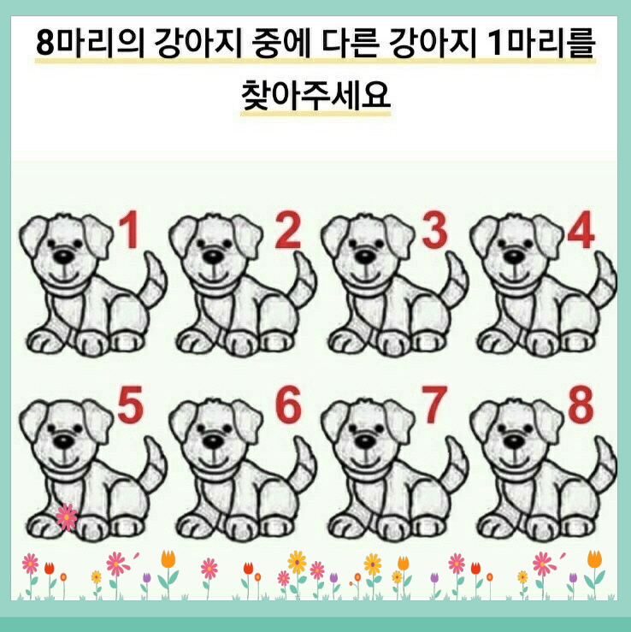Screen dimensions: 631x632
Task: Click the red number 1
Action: (130, 230)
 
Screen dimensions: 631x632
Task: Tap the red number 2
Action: (288, 230)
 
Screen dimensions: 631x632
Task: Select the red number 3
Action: (434, 230)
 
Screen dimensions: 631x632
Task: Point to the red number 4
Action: (581, 230)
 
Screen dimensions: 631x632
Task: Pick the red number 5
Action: (131, 405)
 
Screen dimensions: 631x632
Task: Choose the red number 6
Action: (288, 405)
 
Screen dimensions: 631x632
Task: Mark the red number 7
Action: (434, 405)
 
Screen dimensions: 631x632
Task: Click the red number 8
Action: (581, 405)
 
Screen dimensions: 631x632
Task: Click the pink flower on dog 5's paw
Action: (67, 517)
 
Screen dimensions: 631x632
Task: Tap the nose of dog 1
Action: (64, 256)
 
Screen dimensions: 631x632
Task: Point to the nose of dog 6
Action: (213, 441)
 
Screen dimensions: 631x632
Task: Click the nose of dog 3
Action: (364, 256)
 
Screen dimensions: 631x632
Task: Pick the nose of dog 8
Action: (514, 441)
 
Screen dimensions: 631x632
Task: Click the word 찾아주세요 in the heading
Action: (315, 95)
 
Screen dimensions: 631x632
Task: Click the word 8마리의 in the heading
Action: (90, 44)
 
